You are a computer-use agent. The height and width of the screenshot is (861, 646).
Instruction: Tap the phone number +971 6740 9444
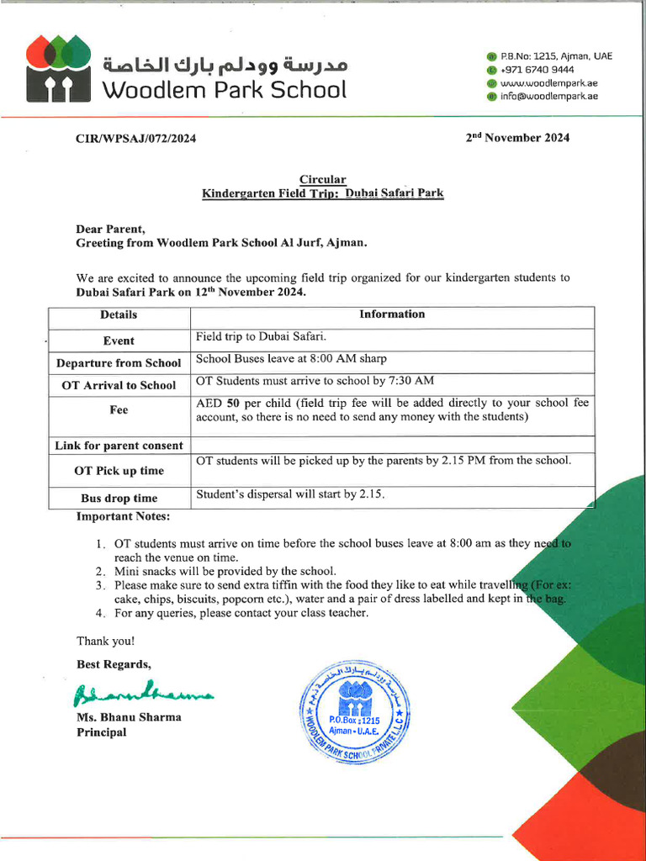point(537,70)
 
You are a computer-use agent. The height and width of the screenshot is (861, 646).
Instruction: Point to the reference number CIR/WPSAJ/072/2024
point(135,139)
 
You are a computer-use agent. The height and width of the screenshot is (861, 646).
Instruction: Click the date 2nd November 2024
point(517,138)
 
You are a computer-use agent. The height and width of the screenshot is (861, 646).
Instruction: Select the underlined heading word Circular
point(323,179)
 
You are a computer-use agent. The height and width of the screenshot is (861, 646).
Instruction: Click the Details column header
point(119,315)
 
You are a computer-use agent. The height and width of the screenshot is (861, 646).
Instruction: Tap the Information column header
point(392,314)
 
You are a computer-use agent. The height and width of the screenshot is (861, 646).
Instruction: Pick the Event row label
point(119,341)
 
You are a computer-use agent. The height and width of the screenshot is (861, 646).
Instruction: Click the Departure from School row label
point(119,363)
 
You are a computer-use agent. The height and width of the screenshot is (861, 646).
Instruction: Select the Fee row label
point(119,410)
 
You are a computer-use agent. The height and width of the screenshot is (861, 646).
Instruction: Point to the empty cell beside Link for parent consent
point(392,445)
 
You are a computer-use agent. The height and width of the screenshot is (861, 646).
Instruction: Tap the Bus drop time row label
point(119,499)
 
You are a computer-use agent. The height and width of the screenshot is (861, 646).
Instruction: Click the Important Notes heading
point(123,515)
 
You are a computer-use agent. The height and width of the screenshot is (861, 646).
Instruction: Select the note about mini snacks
point(225,571)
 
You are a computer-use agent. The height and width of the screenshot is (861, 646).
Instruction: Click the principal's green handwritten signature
point(143,693)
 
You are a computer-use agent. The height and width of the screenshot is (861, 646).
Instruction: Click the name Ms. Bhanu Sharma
point(129,717)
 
